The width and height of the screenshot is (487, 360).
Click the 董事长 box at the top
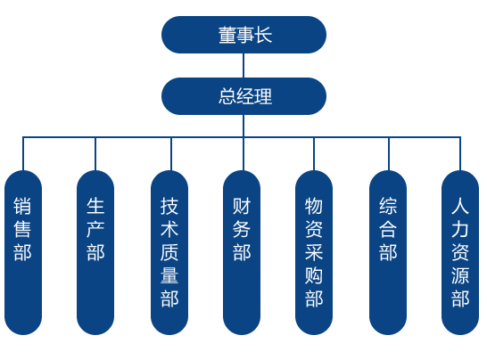click(243, 35)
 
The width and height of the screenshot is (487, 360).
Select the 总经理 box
click(243, 96)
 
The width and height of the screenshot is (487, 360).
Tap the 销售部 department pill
click(23, 252)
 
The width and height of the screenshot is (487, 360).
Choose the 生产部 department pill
click(95, 252)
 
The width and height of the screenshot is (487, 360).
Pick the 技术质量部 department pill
click(169, 252)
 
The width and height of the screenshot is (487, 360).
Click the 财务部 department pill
click(242, 252)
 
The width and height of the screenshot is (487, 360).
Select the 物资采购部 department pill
click(314, 252)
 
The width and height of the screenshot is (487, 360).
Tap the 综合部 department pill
click(388, 252)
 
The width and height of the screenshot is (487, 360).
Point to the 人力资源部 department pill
click(460, 252)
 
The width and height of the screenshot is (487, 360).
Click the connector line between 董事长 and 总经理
click(243, 65)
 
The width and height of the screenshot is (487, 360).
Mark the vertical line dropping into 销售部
click(23, 153)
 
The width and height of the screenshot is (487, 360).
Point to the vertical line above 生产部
click(95, 153)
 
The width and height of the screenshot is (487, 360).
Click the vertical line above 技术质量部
click(171, 153)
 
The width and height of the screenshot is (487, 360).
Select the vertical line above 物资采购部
click(314, 153)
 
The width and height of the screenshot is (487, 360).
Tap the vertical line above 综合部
click(389, 153)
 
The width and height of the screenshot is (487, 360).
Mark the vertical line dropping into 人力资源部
click(460, 153)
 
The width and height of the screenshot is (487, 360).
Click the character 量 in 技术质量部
click(169, 275)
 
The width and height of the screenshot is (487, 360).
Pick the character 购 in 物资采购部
click(314, 275)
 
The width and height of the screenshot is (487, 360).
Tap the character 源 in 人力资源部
click(460, 275)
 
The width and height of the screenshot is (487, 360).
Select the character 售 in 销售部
click(22, 229)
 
